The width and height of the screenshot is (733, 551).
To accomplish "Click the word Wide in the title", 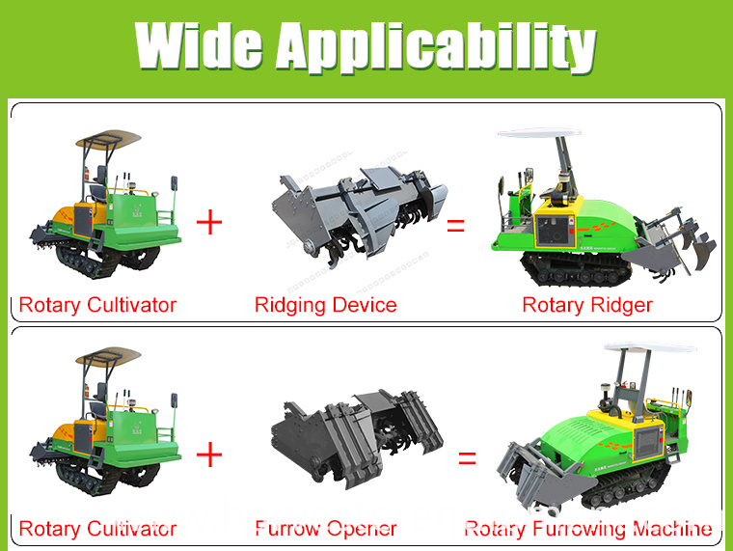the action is [x=199, y=45].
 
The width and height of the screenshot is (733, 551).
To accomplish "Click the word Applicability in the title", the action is [x=436, y=47].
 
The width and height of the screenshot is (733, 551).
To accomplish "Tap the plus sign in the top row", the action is [x=209, y=222].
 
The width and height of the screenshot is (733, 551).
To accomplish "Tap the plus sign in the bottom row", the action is [x=209, y=455].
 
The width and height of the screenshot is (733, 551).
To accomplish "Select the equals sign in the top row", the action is [x=455, y=226].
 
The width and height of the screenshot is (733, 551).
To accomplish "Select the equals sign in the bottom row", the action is [x=467, y=458].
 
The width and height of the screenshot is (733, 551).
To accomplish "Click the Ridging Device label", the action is [x=325, y=306].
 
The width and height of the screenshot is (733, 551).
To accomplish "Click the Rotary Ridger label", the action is [x=587, y=306].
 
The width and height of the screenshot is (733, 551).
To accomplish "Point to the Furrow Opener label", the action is [x=326, y=529].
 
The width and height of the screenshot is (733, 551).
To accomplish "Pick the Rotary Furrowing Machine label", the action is [x=588, y=529].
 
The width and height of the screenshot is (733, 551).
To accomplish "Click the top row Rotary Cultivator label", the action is [x=97, y=306].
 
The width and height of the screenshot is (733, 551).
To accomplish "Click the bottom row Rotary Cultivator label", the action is [x=97, y=529].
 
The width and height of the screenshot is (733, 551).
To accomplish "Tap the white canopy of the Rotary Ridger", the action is [x=538, y=133].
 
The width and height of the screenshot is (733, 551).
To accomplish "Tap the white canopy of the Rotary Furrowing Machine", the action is [x=650, y=347].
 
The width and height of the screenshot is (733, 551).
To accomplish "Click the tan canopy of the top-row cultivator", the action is [x=108, y=138].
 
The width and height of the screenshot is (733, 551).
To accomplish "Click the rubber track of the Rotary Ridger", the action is [x=576, y=268].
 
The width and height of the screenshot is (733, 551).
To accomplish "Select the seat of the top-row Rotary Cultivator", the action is [x=99, y=183].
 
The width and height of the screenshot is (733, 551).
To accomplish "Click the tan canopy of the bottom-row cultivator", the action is [x=108, y=355].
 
